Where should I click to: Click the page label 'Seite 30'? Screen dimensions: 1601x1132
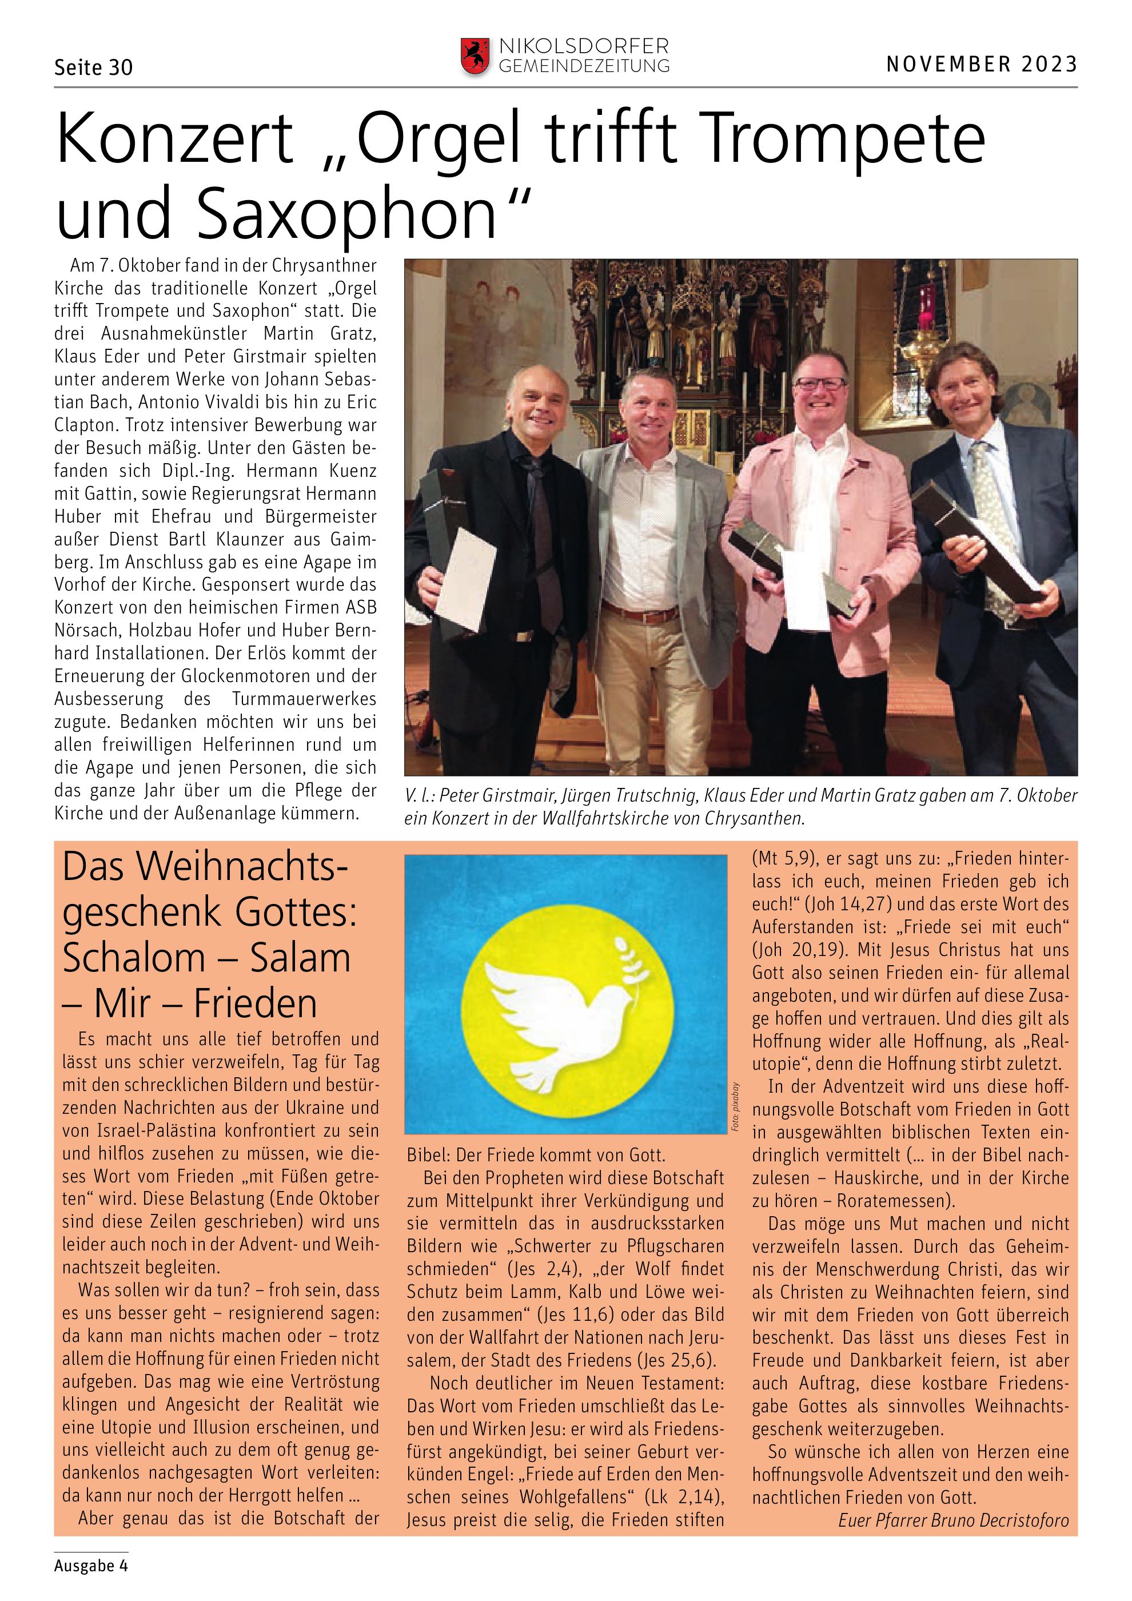click(93, 67)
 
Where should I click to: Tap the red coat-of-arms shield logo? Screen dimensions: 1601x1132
click(475, 57)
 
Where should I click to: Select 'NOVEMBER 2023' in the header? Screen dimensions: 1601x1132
click(982, 64)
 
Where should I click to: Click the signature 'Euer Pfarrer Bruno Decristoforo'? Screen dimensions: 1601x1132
click(953, 1520)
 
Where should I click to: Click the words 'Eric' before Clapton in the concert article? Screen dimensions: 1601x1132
click(357, 403)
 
